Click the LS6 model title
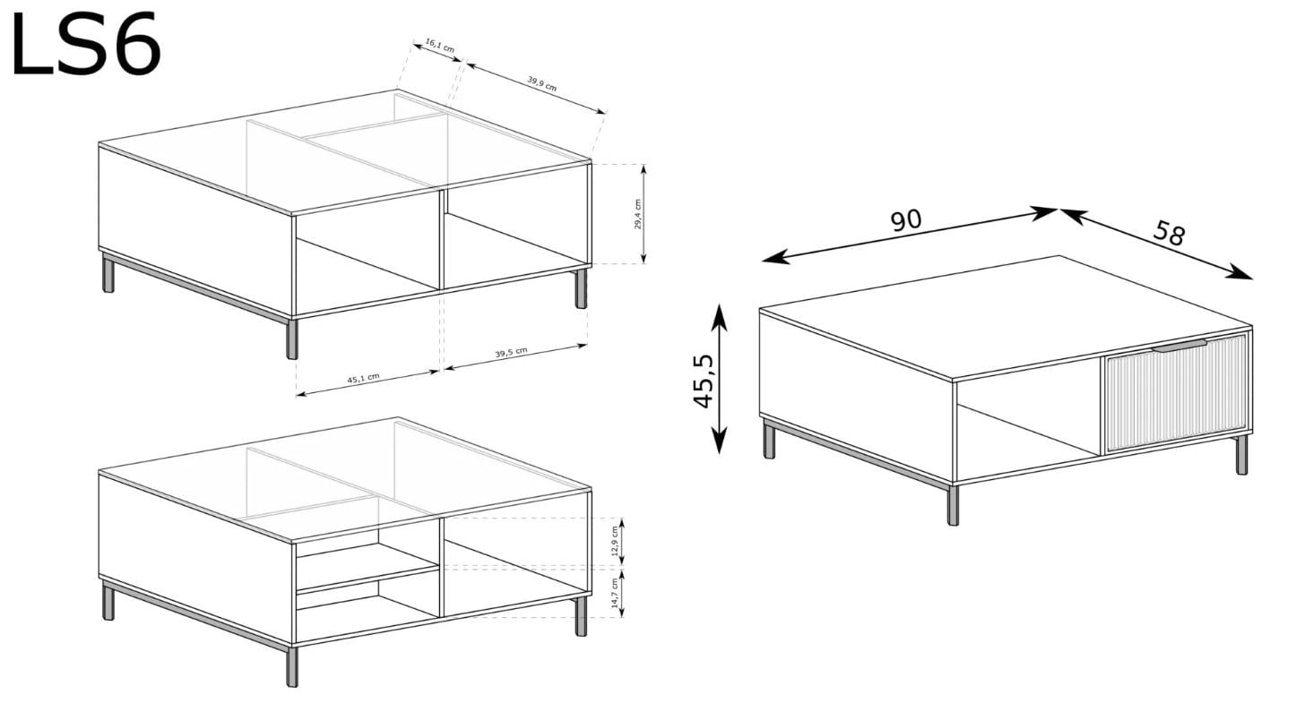[86, 44]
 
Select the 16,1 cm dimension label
[440, 46]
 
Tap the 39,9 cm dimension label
[541, 84]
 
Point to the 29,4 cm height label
[637, 215]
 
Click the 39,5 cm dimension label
[512, 352]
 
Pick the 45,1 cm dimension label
[363, 378]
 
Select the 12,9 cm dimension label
[615, 540]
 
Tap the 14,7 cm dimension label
[615, 593]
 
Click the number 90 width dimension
[906, 220]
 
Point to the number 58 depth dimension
[1169, 234]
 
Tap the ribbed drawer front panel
[1175, 392]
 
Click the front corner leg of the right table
[953, 504]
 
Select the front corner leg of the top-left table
[292, 338]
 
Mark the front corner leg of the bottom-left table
[292, 666]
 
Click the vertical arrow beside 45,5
[719, 379]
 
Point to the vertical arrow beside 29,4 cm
[644, 214]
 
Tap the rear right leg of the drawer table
[1241, 455]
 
